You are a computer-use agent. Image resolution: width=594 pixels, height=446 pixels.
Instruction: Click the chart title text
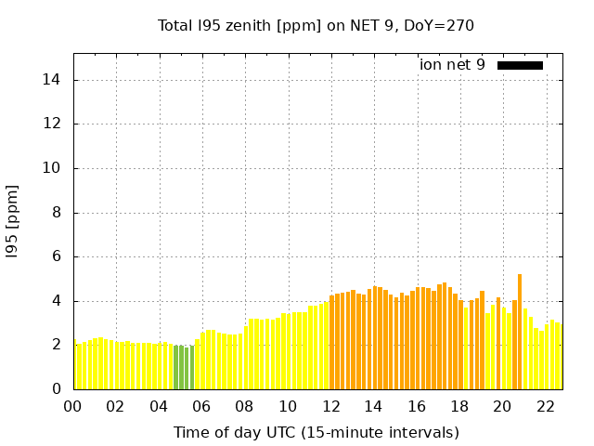[316, 26]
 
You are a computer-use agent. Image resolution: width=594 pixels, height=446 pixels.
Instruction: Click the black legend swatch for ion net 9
[520, 65]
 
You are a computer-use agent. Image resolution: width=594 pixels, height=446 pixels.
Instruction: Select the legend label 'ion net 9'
[452, 65]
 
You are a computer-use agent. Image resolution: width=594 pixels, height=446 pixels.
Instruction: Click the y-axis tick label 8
[56, 213]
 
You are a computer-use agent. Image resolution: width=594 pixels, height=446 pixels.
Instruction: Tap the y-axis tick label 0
[56, 389]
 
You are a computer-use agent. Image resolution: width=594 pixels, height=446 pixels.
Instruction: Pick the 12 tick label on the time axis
[330, 407]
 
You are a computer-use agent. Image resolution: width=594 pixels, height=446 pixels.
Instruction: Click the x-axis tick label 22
[545, 407]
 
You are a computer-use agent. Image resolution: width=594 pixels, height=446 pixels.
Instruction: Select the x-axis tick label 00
[73, 407]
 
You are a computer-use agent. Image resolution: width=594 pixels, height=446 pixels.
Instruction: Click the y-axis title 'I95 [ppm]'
[13, 221]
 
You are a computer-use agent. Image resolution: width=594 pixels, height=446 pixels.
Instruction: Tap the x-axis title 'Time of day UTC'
[316, 433]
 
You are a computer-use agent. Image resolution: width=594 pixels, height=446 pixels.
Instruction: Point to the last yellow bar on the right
[558, 357]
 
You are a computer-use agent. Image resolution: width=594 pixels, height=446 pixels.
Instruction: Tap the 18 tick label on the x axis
[459, 407]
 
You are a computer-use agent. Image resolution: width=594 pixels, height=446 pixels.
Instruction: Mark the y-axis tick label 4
[56, 301]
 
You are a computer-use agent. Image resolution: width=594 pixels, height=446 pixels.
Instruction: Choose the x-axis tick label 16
[417, 407]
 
